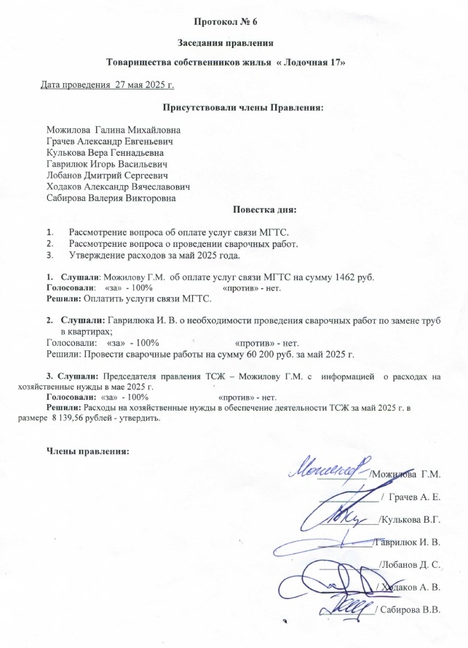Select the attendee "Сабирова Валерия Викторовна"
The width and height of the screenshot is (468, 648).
(x=111, y=197)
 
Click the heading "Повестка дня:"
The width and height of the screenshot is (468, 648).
(x=264, y=211)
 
